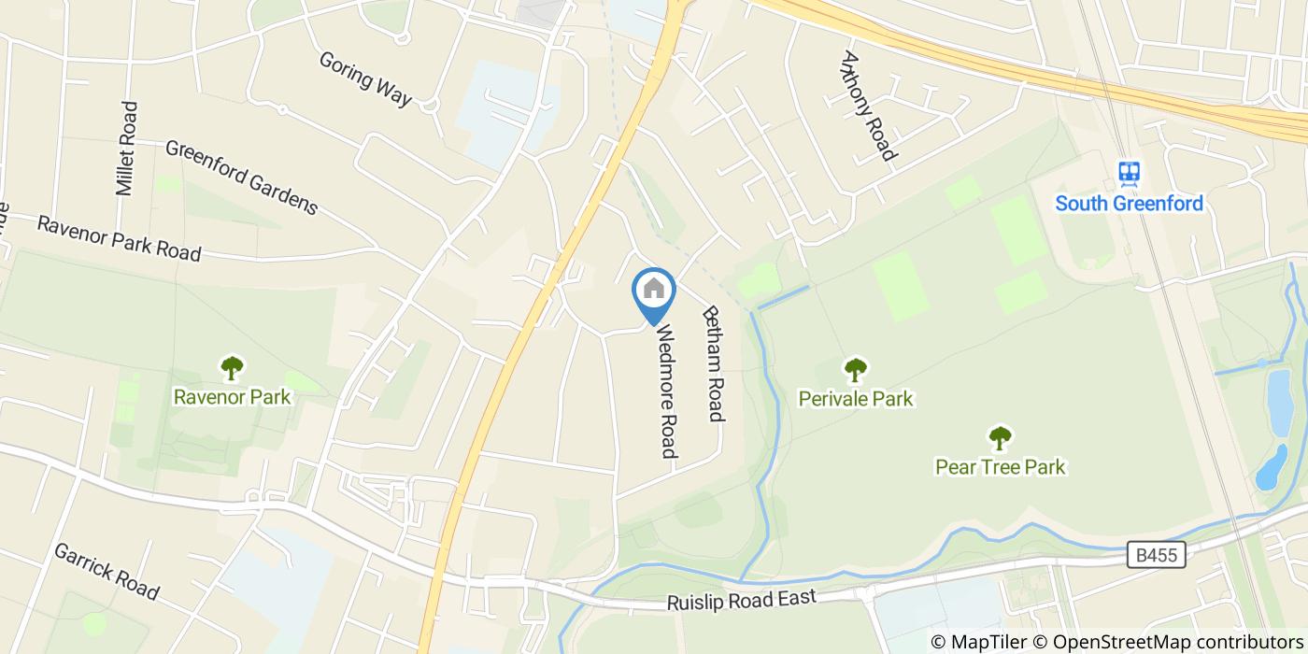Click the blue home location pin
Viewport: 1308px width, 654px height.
(654, 291)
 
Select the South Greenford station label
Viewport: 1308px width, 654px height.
(1129, 203)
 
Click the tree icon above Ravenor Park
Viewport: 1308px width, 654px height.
(232, 367)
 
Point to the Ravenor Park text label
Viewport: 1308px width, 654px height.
(232, 397)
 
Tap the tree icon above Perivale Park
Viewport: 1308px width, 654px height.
(855, 370)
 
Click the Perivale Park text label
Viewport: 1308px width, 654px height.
(855, 399)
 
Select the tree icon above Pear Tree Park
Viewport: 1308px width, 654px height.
(1000, 436)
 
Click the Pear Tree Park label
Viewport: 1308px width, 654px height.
(1000, 466)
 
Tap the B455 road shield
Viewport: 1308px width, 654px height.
(1156, 556)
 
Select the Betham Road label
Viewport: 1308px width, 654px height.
(714, 363)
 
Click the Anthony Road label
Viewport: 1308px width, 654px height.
(868, 105)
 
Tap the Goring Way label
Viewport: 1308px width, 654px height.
(365, 78)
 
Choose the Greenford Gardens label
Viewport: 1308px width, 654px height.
(242, 177)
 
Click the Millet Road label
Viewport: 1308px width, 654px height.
(126, 149)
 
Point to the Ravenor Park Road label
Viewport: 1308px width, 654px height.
(119, 238)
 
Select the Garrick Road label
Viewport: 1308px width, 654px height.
(106, 571)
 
